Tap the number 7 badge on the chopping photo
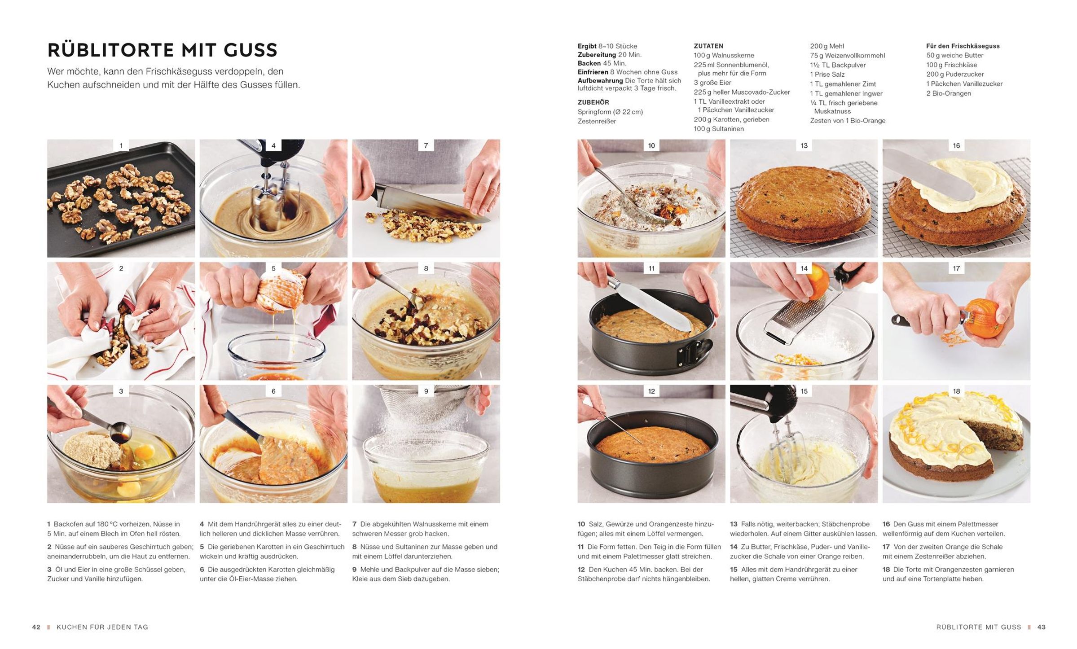pyautogui.click(x=426, y=145)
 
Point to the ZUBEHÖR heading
pyautogui.click(x=593, y=102)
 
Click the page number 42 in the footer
pyautogui.click(x=36, y=627)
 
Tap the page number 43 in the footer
pyautogui.click(x=1042, y=627)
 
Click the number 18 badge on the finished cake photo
pyautogui.click(x=956, y=391)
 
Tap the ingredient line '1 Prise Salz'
pyautogui.click(x=827, y=75)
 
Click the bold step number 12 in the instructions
pyautogui.click(x=581, y=570)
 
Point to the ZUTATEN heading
pyautogui.click(x=708, y=46)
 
